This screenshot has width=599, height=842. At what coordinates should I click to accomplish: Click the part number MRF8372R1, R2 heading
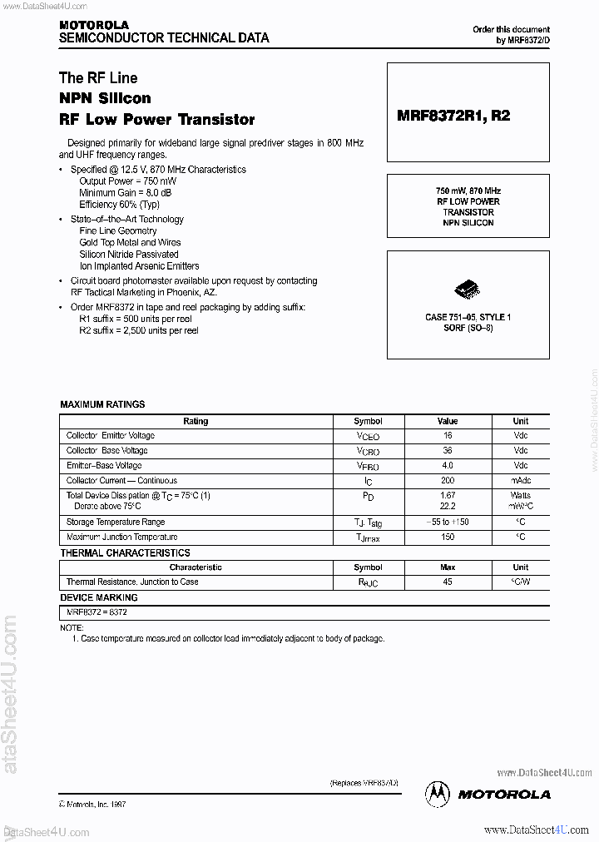coord(453,116)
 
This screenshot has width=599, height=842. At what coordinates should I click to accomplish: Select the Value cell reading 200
coord(448,481)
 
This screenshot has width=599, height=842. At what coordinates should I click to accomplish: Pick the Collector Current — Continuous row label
coord(121,481)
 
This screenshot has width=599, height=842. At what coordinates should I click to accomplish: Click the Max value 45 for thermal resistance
coord(448,582)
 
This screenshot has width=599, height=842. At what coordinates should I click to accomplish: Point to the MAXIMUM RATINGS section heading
coord(102,404)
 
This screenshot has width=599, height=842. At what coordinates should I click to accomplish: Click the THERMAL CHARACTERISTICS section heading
coord(125,553)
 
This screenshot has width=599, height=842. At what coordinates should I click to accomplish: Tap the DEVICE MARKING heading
coord(99,597)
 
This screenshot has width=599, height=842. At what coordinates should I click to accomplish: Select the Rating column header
coord(196,421)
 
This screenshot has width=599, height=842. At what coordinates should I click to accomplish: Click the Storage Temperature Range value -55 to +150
coord(448,523)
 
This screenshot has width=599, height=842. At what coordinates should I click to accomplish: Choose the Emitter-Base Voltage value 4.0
coord(448,466)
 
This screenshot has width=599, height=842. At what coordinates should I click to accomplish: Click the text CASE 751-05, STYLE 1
coord(468,318)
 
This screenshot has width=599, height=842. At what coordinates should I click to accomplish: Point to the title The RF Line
coord(98,78)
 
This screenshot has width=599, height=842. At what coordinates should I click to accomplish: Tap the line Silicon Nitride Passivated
coord(129,255)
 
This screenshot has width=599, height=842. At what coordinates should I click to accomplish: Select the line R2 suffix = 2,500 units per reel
coord(139,331)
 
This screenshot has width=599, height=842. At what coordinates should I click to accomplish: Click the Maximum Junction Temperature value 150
coord(448,537)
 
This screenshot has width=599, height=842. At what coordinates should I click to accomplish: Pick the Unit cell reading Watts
coord(520,496)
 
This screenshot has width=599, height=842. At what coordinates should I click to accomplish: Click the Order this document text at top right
coord(511,30)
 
